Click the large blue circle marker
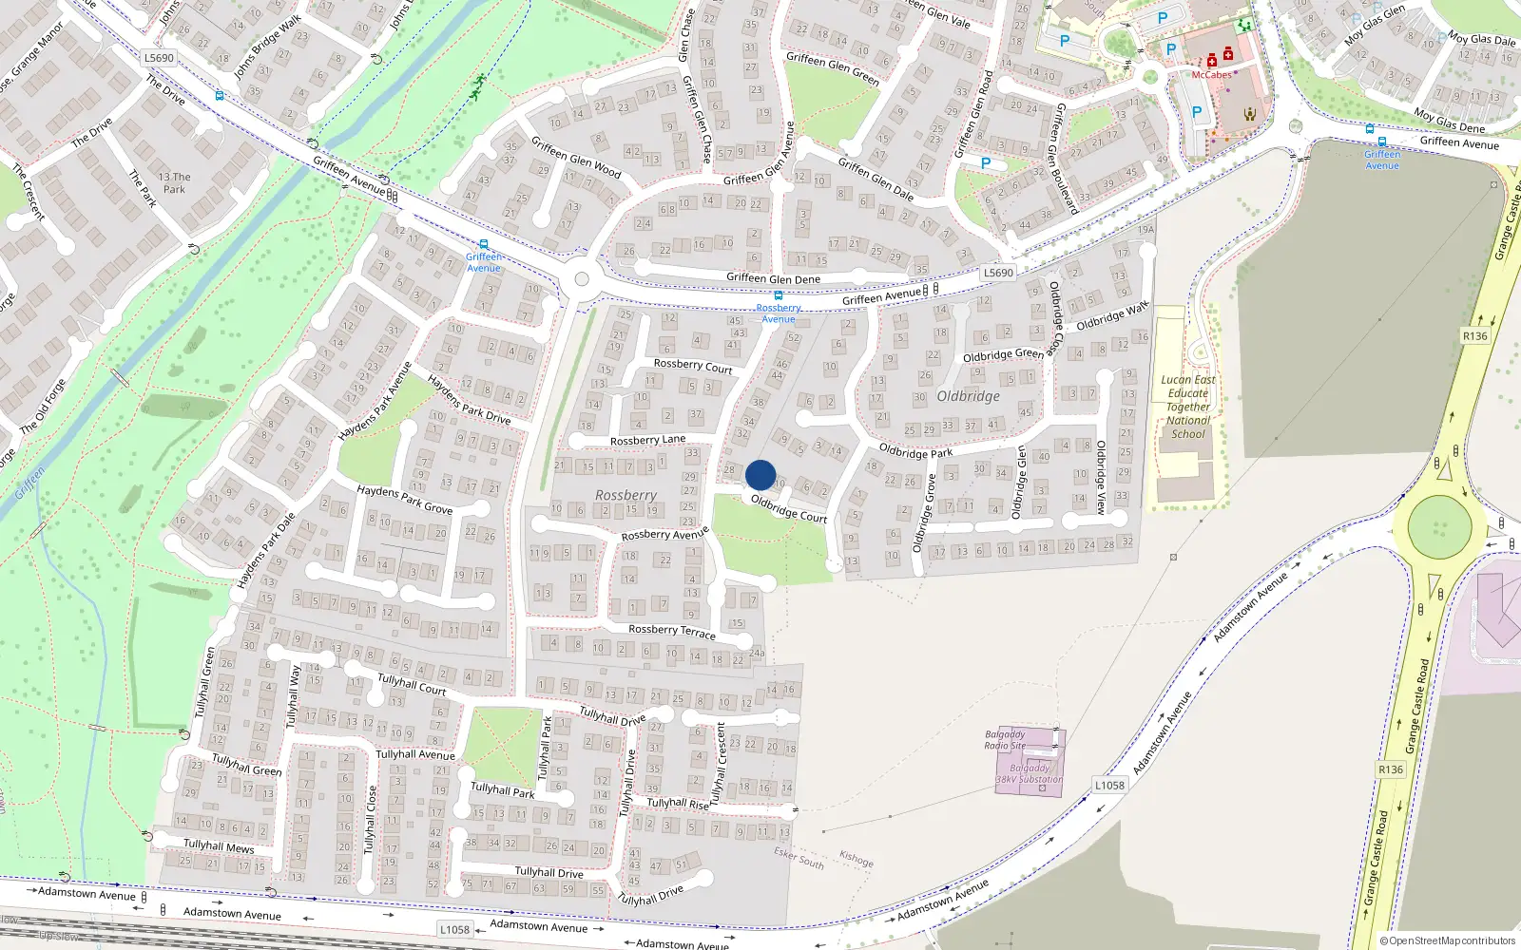760,475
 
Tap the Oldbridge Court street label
789,508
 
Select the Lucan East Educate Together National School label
1188,407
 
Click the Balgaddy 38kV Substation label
1030,773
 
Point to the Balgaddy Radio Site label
1005,740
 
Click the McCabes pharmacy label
1211,74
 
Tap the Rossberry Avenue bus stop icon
778,295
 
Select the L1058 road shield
1109,785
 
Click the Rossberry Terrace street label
672,631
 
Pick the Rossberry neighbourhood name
626,495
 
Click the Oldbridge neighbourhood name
968,396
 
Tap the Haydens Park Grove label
405,500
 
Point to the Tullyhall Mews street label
219,845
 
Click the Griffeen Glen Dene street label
773,278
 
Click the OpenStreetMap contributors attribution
1448,940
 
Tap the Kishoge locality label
857,859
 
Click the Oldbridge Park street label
915,451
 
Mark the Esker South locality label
799,858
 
